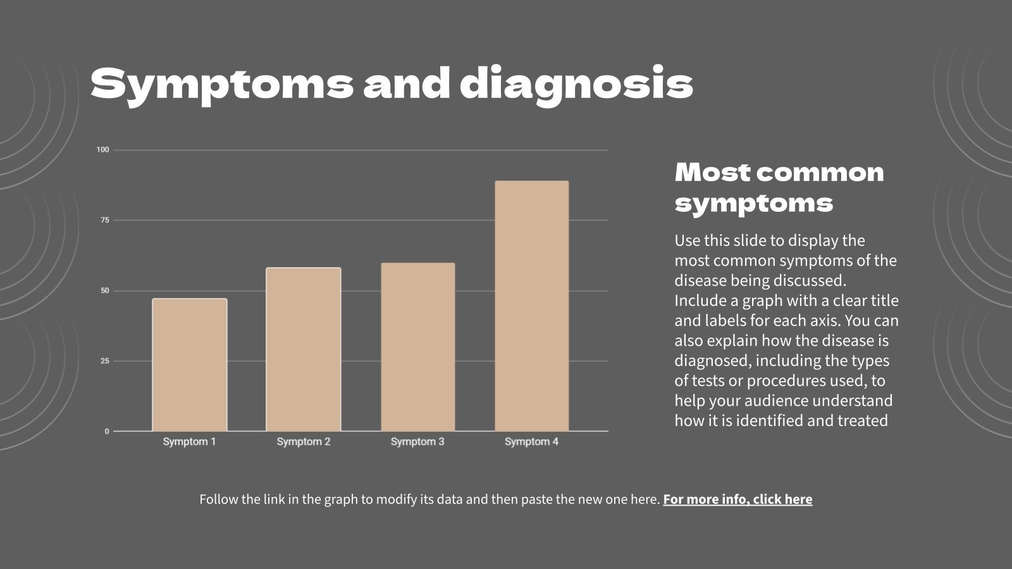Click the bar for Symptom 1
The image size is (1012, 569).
pos(190,365)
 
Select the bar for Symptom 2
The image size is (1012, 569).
pos(304,350)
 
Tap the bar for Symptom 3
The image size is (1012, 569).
pos(417,347)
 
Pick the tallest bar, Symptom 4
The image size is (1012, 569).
pos(531,306)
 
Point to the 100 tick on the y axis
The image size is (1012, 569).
pos(102,150)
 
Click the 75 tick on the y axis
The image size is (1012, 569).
pos(104,220)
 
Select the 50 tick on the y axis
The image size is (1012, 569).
pos(104,291)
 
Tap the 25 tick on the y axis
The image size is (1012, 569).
pos(104,361)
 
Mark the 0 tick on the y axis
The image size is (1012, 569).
pos(107,431)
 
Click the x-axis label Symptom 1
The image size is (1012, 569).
pos(189,441)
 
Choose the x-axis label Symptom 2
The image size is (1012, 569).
pos(304,441)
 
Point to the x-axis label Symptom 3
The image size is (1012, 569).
pos(417,441)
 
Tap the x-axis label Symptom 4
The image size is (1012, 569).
pos(531,441)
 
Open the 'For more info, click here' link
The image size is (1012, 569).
pos(737,499)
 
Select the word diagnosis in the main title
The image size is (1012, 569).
pos(576,85)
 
